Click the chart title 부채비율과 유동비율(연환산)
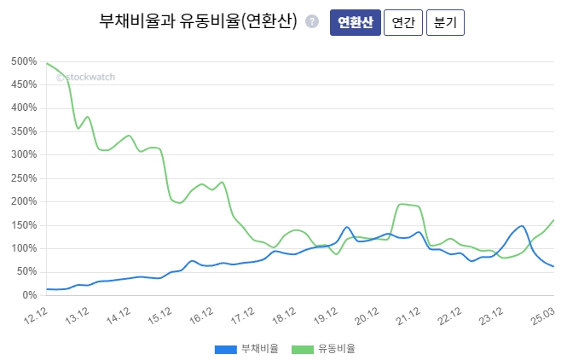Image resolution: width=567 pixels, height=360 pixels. click(x=198, y=23)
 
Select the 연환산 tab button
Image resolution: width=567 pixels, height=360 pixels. click(x=355, y=23)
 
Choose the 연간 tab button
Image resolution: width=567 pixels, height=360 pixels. click(x=403, y=23)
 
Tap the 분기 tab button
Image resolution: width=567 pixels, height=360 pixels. click(x=445, y=23)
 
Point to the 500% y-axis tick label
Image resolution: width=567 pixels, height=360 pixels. click(x=24, y=62)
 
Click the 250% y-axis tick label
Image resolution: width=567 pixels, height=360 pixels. click(x=24, y=178)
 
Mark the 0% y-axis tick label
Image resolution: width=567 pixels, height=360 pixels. click(x=29, y=295)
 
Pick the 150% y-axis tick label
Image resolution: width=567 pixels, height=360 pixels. click(x=24, y=225)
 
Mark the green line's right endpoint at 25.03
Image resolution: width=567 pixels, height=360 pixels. click(x=553, y=220)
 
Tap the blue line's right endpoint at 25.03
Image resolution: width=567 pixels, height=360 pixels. click(x=553, y=266)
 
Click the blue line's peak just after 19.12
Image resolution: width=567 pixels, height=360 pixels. click(x=347, y=227)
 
